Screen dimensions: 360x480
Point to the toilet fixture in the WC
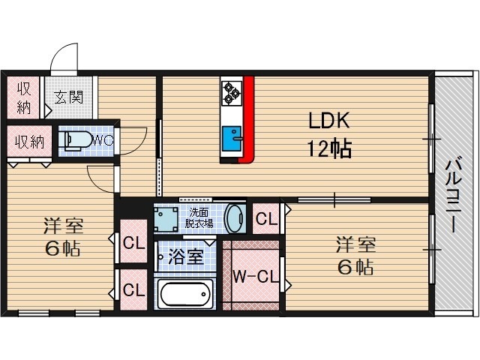click(x=77, y=140)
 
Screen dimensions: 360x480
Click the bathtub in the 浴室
click(x=186, y=294)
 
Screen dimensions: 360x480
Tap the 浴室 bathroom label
click(x=184, y=256)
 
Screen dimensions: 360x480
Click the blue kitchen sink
click(x=229, y=139)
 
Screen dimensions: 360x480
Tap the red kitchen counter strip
click(x=248, y=120)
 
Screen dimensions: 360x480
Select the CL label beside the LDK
click(x=266, y=220)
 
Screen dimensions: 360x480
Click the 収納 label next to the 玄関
click(x=24, y=96)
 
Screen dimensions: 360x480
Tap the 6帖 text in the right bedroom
click(x=355, y=266)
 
